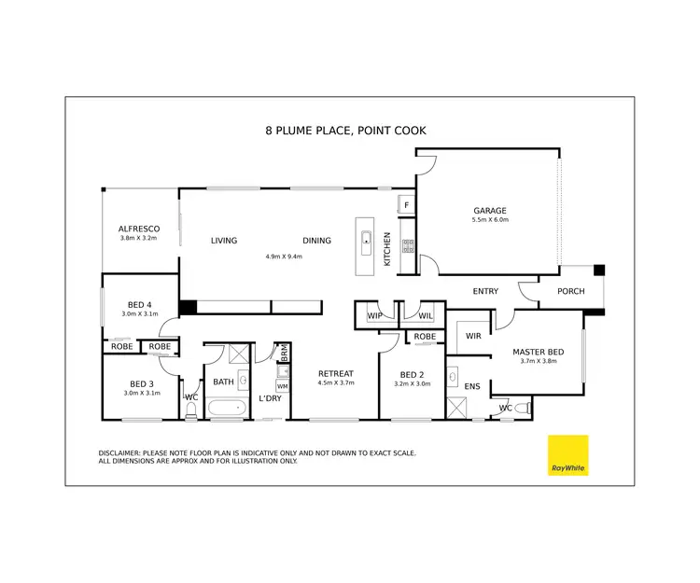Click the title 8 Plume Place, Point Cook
pyautogui.click(x=345, y=131)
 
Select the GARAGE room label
pyautogui.click(x=489, y=210)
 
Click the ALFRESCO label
pyautogui.click(x=138, y=229)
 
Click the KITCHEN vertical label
pyautogui.click(x=387, y=250)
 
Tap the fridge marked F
pyautogui.click(x=407, y=204)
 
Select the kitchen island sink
pyautogui.click(x=367, y=237)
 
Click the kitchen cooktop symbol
pyautogui.click(x=408, y=246)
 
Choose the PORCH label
pyautogui.click(x=570, y=292)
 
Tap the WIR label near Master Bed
pyautogui.click(x=472, y=336)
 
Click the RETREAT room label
pyautogui.click(x=335, y=374)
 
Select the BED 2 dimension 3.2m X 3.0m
pyautogui.click(x=412, y=383)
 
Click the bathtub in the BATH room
pyautogui.click(x=225, y=407)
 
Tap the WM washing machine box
pyautogui.click(x=282, y=385)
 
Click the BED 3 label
pyautogui.click(x=141, y=384)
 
